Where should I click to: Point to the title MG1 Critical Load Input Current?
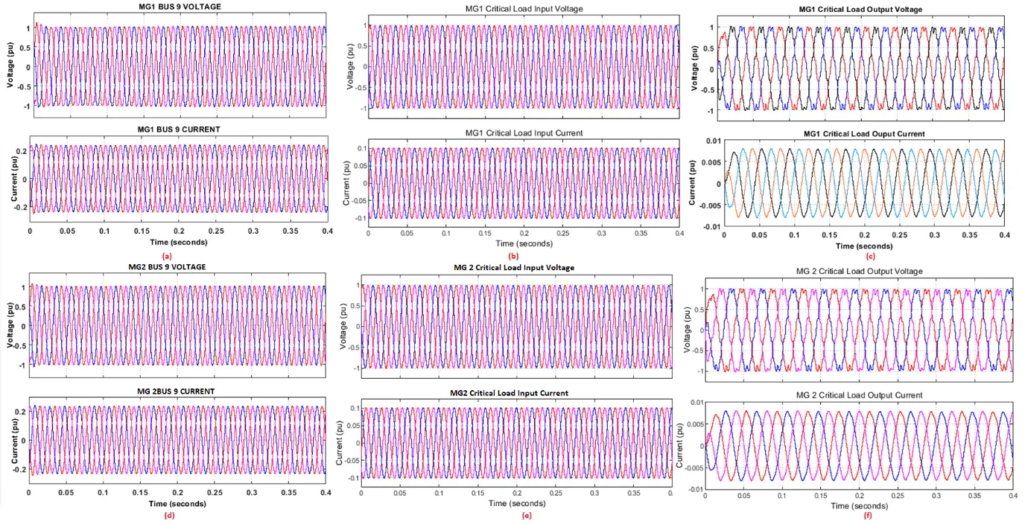pyautogui.click(x=524, y=132)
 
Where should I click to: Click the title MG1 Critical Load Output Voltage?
pyautogui.click(x=863, y=9)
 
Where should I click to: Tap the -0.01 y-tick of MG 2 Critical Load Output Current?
pyautogui.click(x=693, y=490)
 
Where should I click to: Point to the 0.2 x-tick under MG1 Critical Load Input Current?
pyautogui.click(x=524, y=233)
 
